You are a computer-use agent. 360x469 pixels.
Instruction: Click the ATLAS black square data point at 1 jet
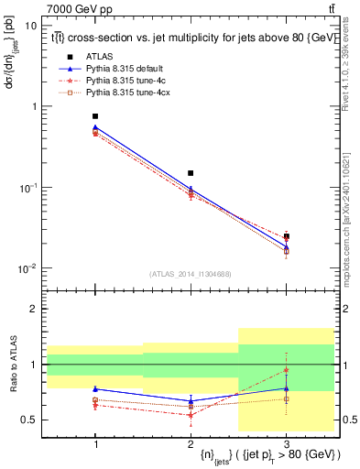point(95,116)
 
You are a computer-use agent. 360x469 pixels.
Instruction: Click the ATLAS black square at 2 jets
point(191,173)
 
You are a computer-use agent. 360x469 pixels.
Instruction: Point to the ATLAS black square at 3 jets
point(286,236)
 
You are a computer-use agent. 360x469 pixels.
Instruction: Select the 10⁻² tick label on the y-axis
point(27,268)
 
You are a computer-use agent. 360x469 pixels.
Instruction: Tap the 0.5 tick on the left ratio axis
point(30,420)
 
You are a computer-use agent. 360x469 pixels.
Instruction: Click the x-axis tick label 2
point(191,442)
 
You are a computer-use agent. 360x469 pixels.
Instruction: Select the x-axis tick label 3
point(286,442)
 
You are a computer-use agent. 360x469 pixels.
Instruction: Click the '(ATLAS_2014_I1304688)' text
point(191,274)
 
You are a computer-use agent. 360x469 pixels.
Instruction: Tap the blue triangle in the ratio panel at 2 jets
point(191,400)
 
